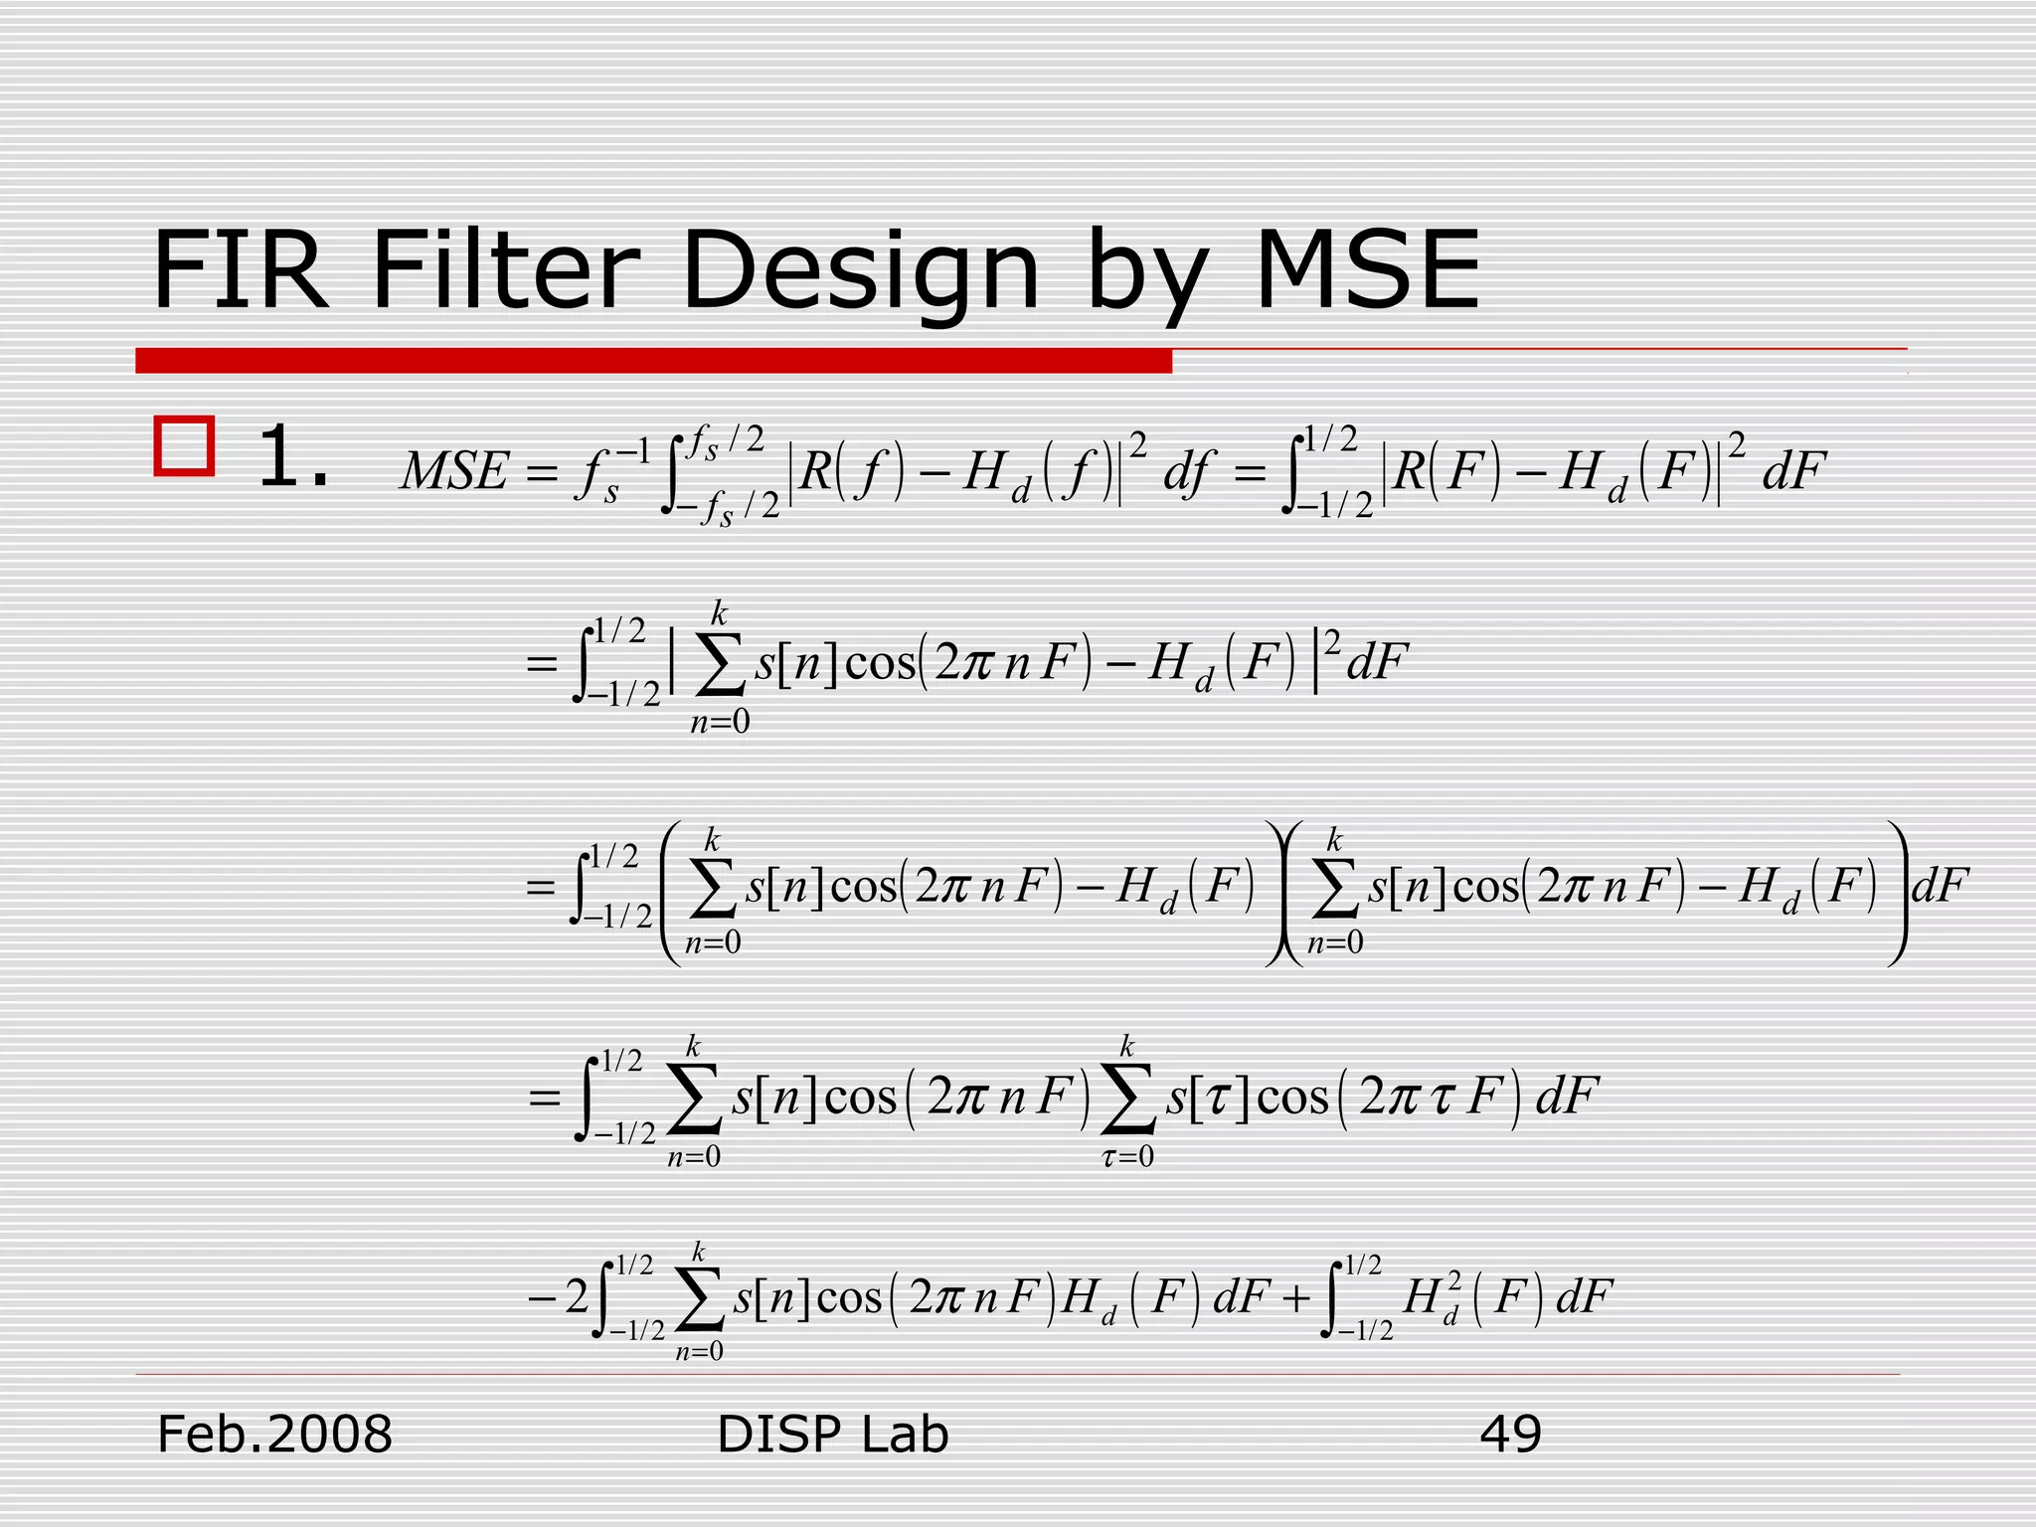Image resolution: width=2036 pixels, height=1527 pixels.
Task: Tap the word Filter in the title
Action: point(505,270)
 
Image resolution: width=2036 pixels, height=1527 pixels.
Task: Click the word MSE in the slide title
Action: point(1367,270)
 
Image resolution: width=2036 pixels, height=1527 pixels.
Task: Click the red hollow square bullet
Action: point(185,446)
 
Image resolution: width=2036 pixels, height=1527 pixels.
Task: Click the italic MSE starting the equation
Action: point(454,471)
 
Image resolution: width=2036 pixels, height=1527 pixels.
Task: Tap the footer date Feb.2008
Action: point(275,1435)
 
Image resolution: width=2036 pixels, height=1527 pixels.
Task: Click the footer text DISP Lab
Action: point(832,1435)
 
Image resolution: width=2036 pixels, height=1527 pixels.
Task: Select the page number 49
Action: point(1510,1435)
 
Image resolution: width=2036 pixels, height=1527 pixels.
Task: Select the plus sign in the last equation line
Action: point(1294,1297)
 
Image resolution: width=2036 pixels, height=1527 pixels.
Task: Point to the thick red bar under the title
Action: point(653,361)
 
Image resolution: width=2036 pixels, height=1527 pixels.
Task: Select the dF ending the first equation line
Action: point(1793,471)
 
